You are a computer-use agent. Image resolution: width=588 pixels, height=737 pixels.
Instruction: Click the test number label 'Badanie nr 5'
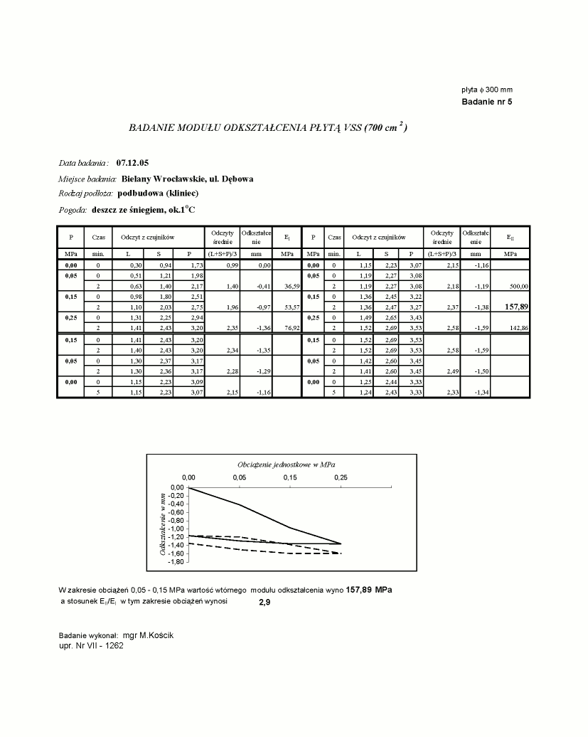(486, 102)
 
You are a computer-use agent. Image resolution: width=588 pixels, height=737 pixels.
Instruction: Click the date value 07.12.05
(133, 163)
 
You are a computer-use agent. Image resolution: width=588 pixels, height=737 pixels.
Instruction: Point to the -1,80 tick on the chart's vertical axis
(175, 562)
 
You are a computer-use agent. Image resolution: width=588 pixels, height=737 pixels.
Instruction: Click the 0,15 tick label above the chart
(290, 477)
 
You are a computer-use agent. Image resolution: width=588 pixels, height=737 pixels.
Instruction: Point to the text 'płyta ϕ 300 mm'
(487, 90)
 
